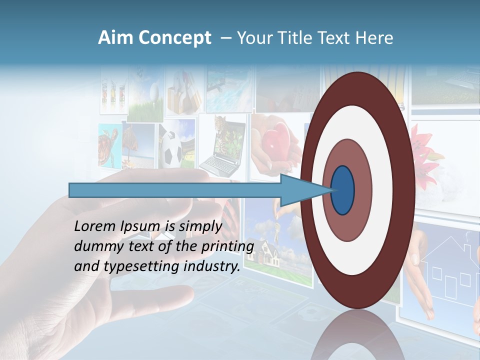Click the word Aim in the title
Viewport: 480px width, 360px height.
tap(115, 38)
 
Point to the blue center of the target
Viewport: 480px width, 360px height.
tap(343, 190)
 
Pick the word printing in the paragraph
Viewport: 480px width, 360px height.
tap(230, 246)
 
